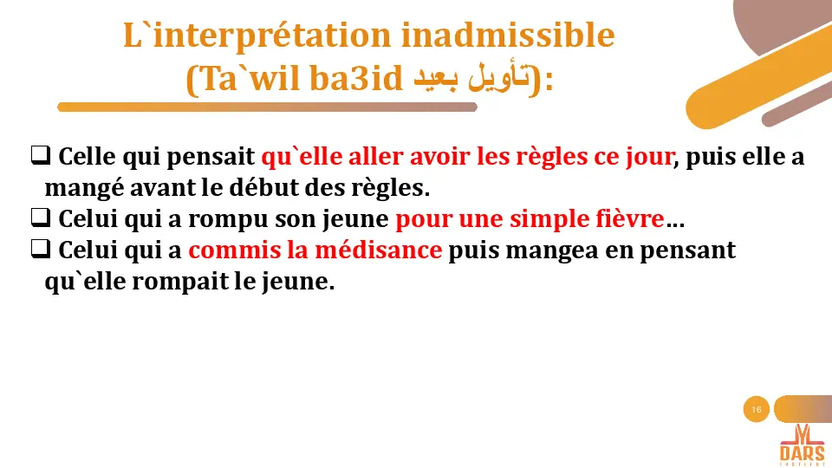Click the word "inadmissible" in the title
[508, 36]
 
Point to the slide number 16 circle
[757, 409]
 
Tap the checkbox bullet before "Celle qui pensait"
[39, 157]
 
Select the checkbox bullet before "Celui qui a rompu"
[39, 218]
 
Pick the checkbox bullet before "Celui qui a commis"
[39, 250]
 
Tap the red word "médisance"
[391, 250]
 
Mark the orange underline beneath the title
[267, 107]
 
